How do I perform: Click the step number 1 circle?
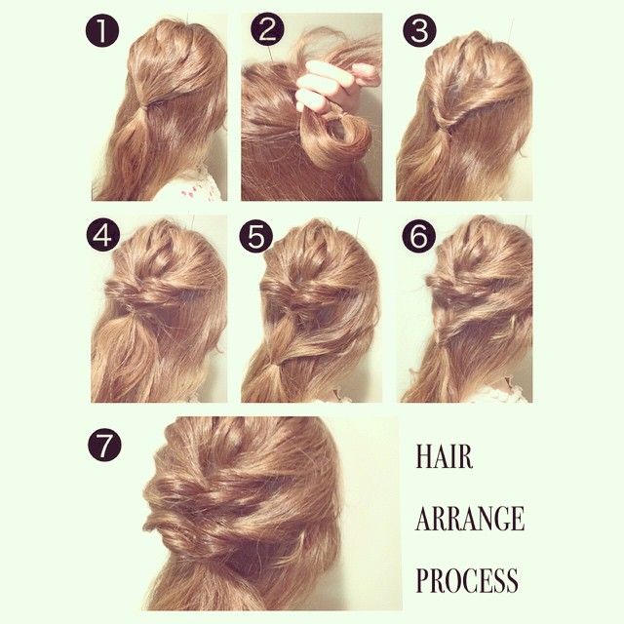[102, 30]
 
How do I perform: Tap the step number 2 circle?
[267, 30]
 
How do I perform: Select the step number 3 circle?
[419, 30]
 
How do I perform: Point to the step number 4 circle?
[102, 235]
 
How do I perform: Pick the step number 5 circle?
[255, 235]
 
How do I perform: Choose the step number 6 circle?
[418, 235]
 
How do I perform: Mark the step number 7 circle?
[104, 445]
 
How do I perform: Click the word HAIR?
[445, 456]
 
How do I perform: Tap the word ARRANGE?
[470, 518]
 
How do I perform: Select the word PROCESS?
[467, 580]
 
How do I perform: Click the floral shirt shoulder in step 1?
[190, 185]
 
